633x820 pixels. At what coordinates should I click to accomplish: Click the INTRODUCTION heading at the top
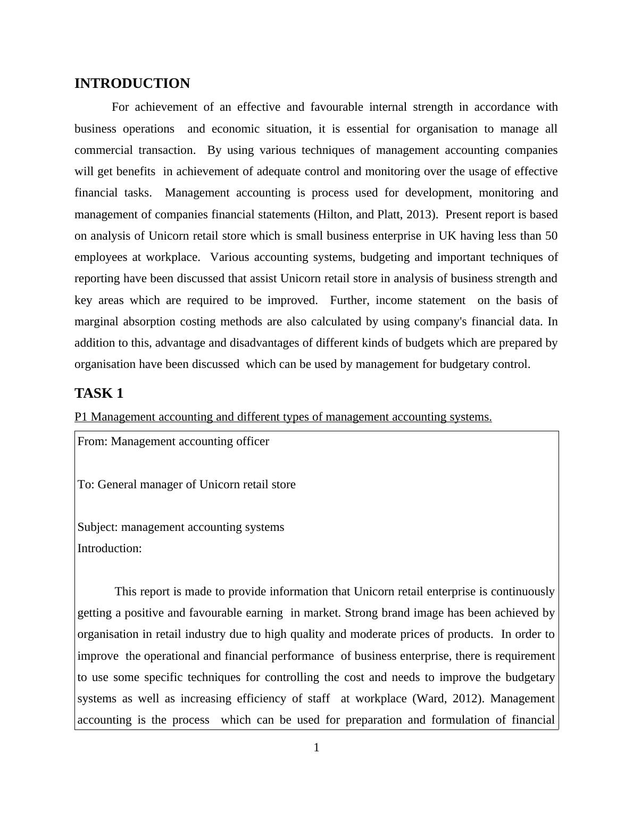coord(132,84)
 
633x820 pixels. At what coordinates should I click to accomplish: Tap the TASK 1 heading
coord(99,393)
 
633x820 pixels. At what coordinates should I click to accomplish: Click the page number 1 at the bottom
coord(316,748)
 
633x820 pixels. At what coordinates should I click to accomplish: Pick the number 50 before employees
coord(551,236)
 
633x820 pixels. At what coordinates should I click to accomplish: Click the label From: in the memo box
coord(93,441)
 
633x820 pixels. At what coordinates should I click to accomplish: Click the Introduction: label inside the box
coord(110,548)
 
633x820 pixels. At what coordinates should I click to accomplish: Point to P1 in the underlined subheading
coord(81,417)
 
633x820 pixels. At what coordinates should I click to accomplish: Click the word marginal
coord(96,322)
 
